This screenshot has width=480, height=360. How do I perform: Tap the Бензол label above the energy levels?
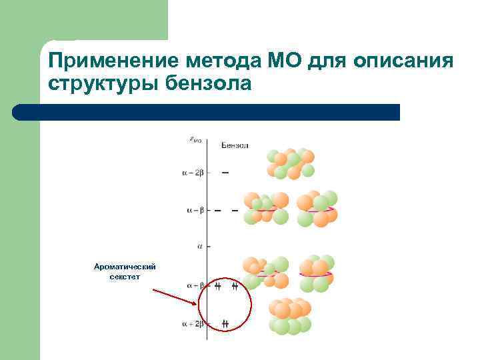234,145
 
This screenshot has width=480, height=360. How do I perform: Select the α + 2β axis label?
193,324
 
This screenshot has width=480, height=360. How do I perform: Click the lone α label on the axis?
200,247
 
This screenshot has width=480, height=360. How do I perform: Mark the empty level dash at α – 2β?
225,173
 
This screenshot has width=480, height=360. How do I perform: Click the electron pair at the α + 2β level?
225,324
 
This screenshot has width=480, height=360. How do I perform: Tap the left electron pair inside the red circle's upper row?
218,287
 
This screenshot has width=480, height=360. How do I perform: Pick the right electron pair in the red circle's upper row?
235,287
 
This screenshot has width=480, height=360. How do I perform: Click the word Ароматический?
125,266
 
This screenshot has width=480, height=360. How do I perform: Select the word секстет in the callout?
125,277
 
